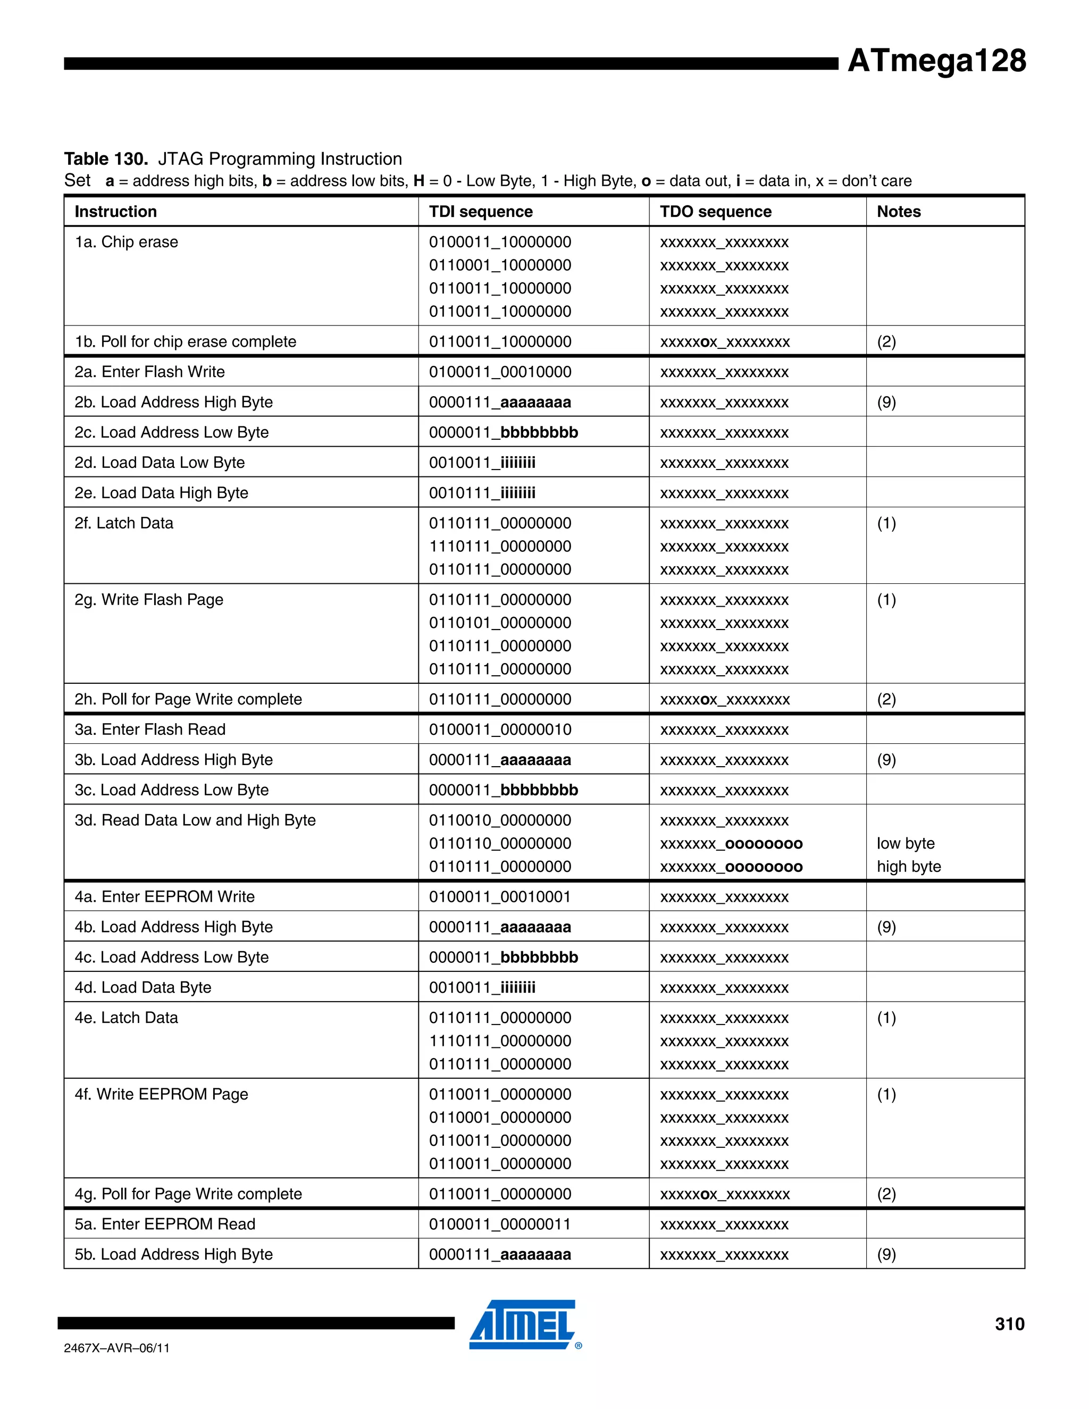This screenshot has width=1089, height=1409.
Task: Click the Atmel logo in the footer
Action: point(523,1324)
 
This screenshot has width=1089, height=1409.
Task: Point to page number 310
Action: point(1009,1324)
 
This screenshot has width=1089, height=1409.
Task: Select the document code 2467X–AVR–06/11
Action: point(117,1348)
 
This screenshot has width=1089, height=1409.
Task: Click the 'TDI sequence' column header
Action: point(481,212)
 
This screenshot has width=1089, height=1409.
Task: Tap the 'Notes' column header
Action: point(898,212)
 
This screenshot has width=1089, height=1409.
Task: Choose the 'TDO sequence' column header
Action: point(716,212)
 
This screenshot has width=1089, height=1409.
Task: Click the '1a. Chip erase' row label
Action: point(127,242)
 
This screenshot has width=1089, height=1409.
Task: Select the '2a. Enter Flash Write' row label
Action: point(149,372)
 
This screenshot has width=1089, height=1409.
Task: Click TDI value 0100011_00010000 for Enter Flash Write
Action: point(500,372)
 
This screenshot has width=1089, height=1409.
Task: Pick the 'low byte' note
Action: point(905,843)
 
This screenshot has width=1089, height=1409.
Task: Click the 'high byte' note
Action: point(908,867)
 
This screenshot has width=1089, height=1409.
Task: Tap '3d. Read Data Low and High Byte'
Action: point(195,820)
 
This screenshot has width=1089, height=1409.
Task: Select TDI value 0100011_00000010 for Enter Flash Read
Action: point(500,729)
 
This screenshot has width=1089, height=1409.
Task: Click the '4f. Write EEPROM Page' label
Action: point(161,1094)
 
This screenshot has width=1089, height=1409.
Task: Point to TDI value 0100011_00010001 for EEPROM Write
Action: point(500,897)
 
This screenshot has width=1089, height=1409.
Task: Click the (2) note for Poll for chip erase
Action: point(886,341)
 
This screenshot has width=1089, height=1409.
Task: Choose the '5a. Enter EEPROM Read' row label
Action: point(165,1224)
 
